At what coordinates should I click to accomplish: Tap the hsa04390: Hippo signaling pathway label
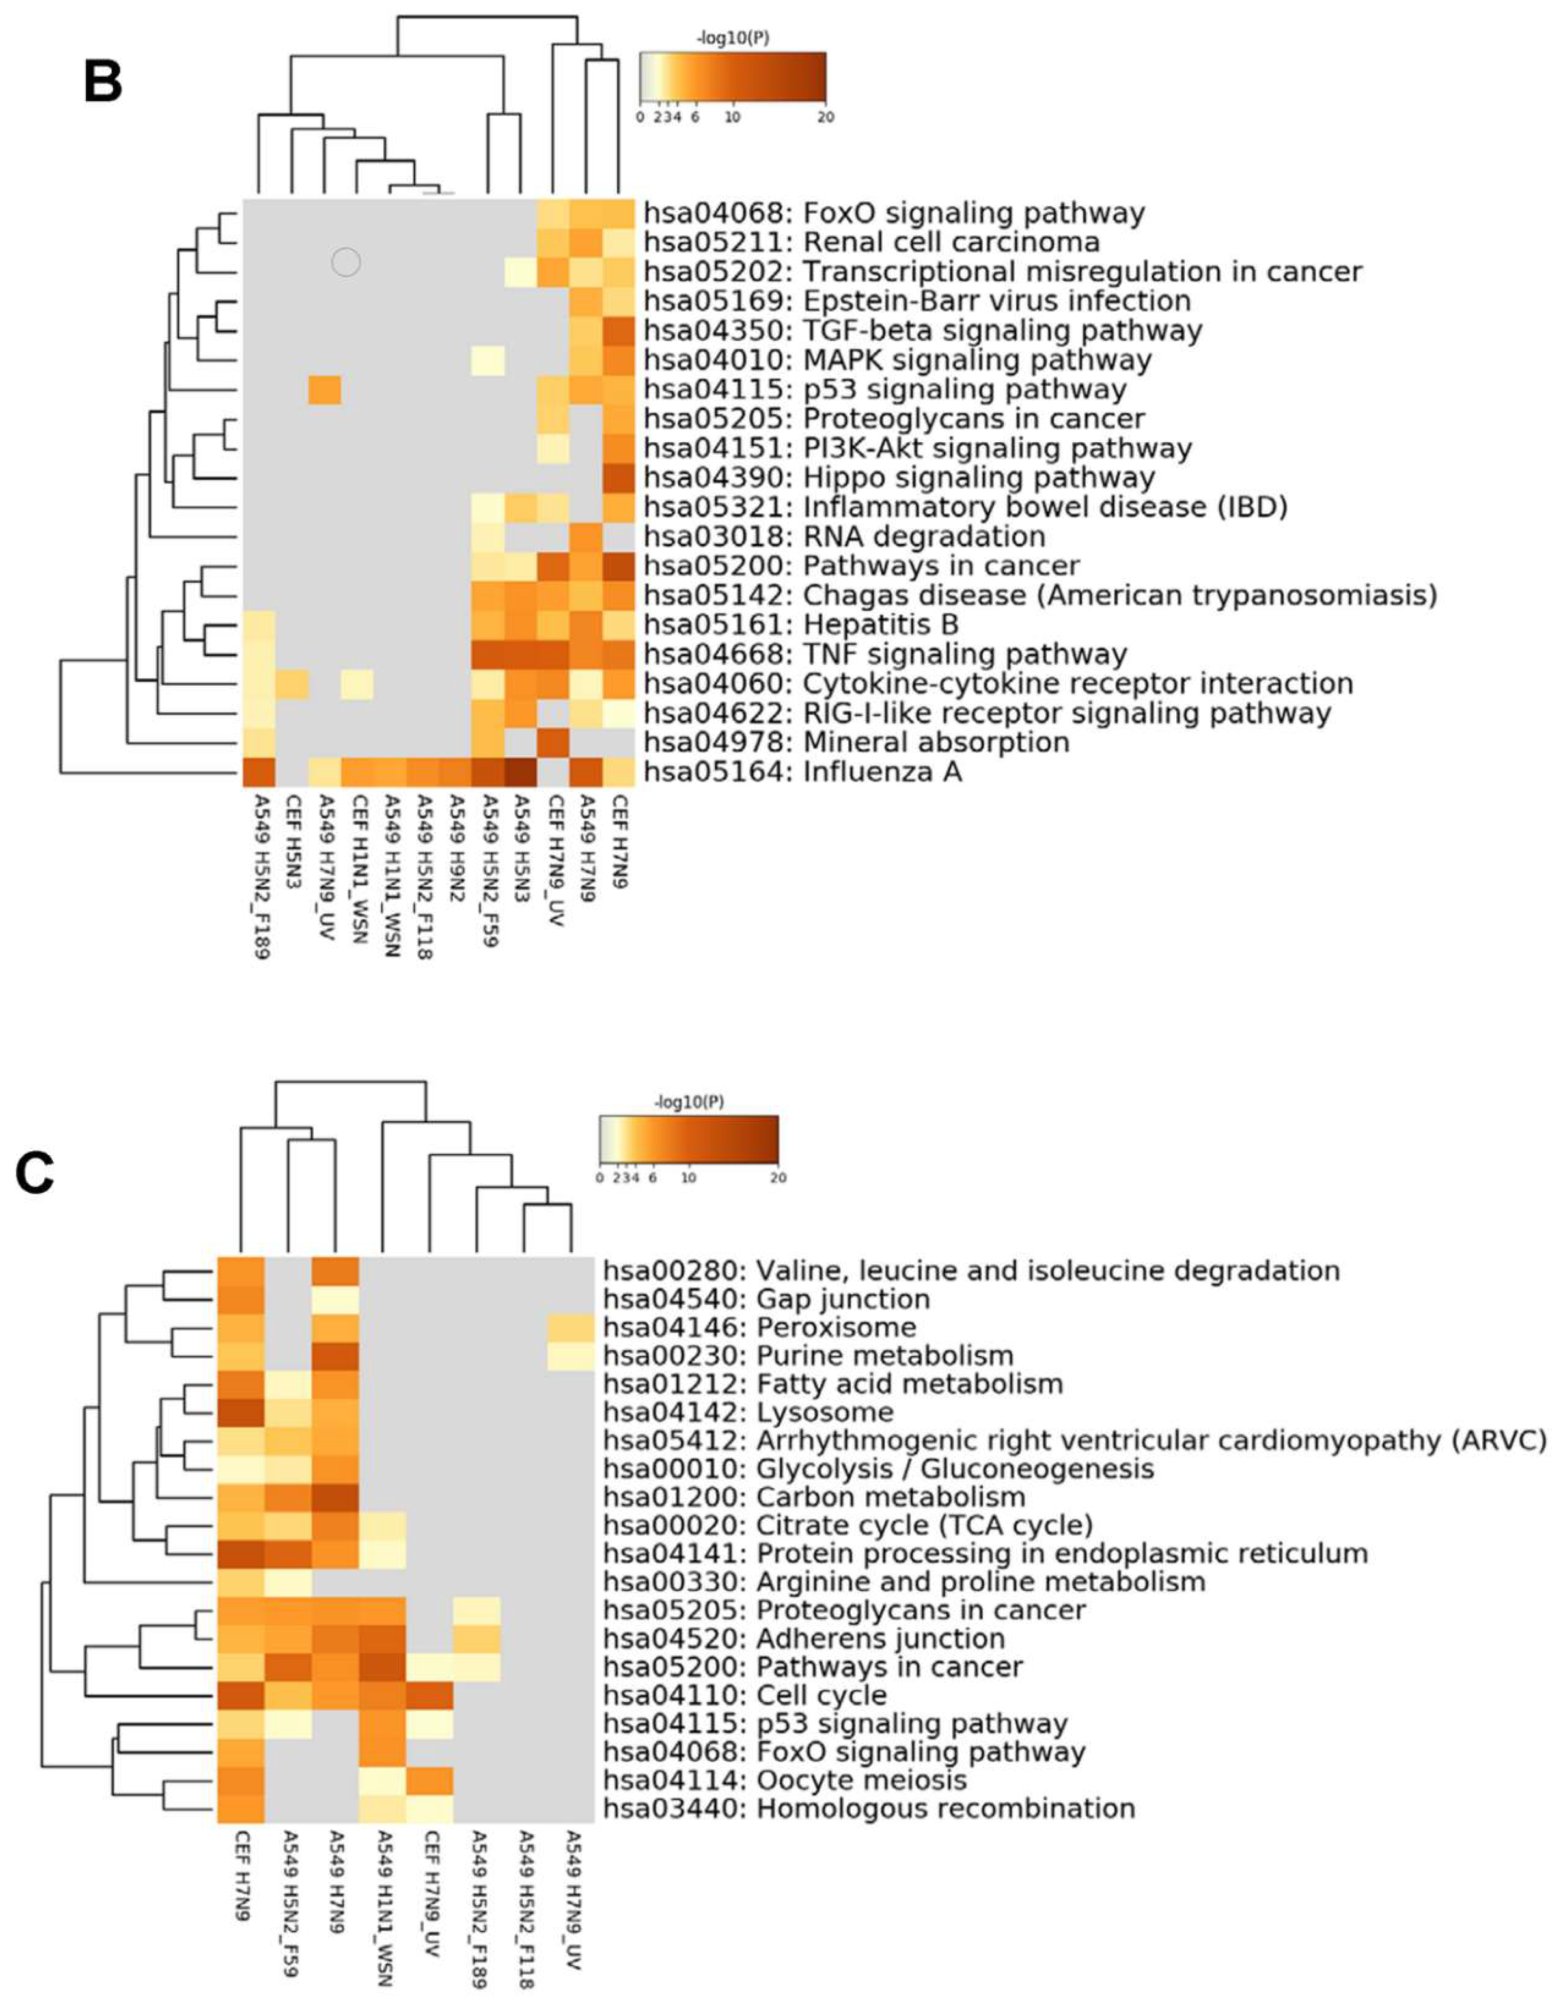pyautogui.click(x=898, y=477)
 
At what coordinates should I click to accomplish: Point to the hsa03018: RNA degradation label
pyautogui.click(x=843, y=536)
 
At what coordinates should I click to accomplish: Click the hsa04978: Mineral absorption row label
pyautogui.click(x=856, y=742)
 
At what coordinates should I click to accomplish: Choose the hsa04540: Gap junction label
pyautogui.click(x=766, y=1299)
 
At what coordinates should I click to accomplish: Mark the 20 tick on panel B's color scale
pyautogui.click(x=826, y=117)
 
